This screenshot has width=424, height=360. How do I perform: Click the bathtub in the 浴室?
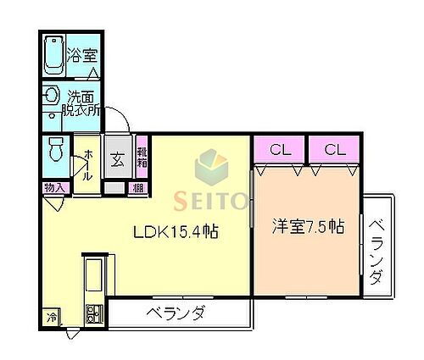[x=53, y=55]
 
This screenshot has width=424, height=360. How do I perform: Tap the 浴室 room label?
[x=82, y=51]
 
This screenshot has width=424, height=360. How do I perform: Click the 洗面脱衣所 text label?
[x=82, y=102]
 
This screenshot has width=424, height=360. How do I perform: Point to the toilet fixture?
[x=55, y=149]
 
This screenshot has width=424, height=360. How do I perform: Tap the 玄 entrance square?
[x=115, y=158]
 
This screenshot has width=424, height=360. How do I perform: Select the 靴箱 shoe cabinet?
[x=142, y=157]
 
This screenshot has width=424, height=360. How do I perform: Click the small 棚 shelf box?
[x=137, y=188]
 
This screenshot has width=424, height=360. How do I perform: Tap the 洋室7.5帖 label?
[x=307, y=226]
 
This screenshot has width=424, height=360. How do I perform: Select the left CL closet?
[x=278, y=150]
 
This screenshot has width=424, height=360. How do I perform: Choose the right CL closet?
[x=333, y=150]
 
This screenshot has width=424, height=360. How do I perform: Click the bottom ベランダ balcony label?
[x=175, y=315]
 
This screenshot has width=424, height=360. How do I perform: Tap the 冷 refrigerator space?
[x=51, y=318]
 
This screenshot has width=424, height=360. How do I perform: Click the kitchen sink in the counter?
[x=92, y=276]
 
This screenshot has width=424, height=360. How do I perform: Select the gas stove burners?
[x=92, y=315]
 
